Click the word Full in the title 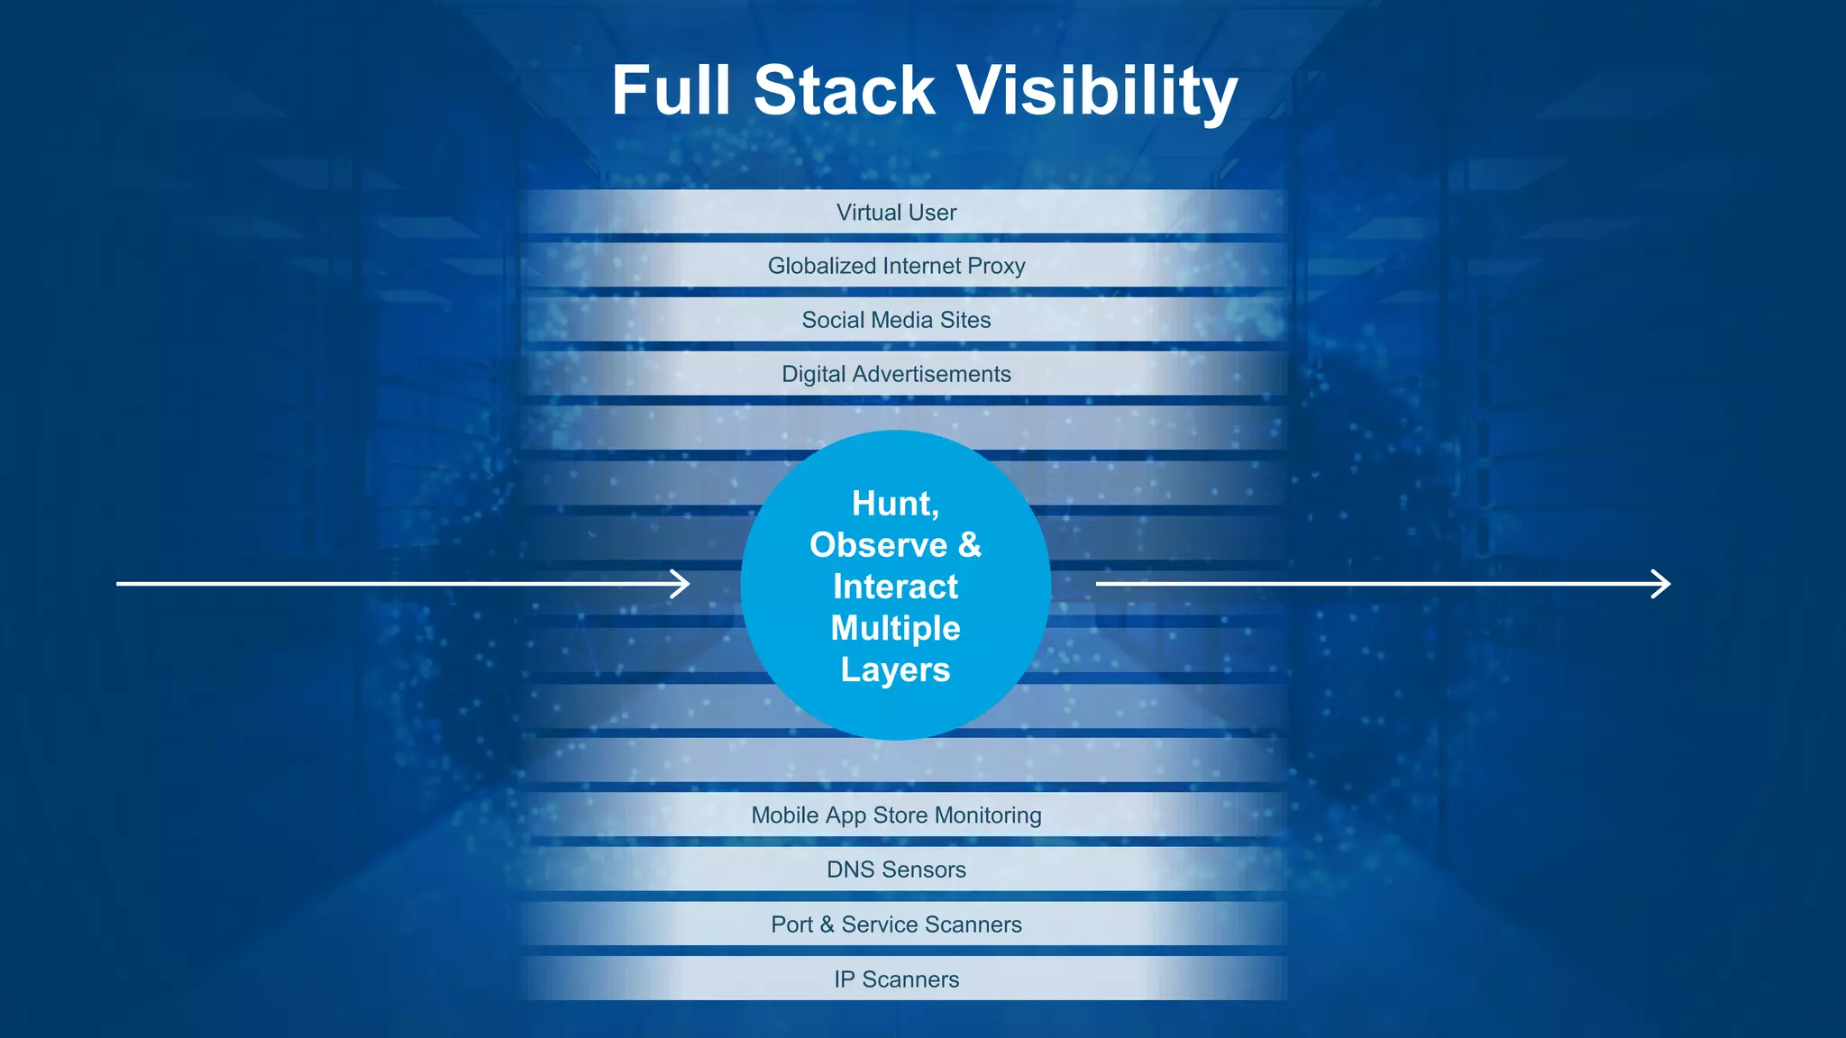point(671,91)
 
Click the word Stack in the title point(845,91)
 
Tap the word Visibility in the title point(1097,93)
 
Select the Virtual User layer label point(896,213)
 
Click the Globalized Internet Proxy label point(896,266)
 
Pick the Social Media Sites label point(896,320)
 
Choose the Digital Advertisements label point(896,374)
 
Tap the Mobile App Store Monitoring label point(896,815)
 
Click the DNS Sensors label point(896,870)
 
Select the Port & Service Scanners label point(896,924)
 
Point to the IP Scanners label point(896,979)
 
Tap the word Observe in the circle point(878,545)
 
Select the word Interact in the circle point(895,587)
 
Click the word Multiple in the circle point(895,629)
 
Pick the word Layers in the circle point(895,670)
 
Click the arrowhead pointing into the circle point(681,584)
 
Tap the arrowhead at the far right point(1662,584)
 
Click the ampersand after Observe point(970,545)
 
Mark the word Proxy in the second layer point(996,266)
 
